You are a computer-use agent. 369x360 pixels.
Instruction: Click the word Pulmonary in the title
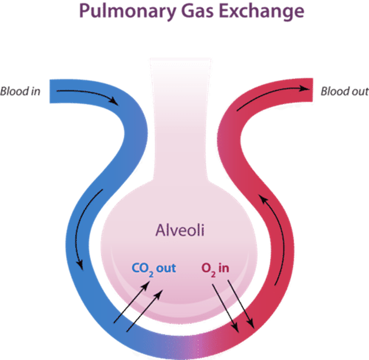(x=127, y=12)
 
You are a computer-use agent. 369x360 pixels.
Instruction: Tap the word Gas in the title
(x=197, y=11)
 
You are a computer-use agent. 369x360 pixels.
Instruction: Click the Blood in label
(x=20, y=91)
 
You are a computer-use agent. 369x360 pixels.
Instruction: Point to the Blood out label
(x=345, y=91)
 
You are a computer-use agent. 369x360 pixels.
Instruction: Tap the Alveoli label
(x=180, y=230)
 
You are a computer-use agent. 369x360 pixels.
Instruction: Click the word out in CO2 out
(x=166, y=268)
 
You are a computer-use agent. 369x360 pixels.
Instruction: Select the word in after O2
(x=223, y=268)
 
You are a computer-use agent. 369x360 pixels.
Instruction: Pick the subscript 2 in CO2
(x=151, y=273)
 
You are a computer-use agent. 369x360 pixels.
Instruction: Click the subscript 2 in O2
(x=213, y=273)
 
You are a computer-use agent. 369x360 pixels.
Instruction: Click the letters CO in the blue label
(x=140, y=268)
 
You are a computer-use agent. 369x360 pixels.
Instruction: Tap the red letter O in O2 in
(x=206, y=268)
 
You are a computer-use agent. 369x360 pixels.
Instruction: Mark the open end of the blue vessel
(x=50, y=91)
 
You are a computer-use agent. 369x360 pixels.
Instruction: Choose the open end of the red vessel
(x=312, y=90)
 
